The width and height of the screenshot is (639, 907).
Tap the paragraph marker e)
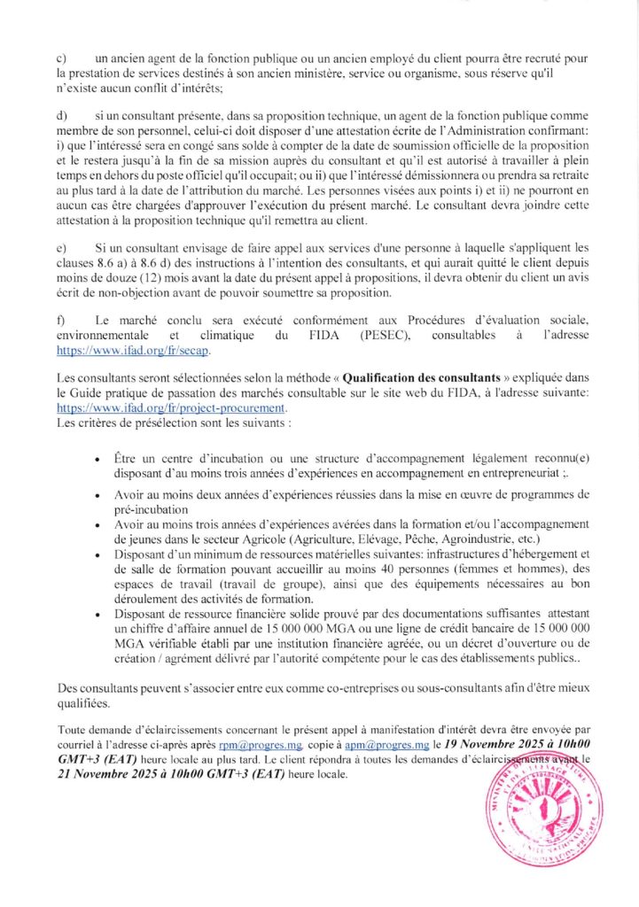(60, 248)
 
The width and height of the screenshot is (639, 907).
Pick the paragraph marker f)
(59, 317)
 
